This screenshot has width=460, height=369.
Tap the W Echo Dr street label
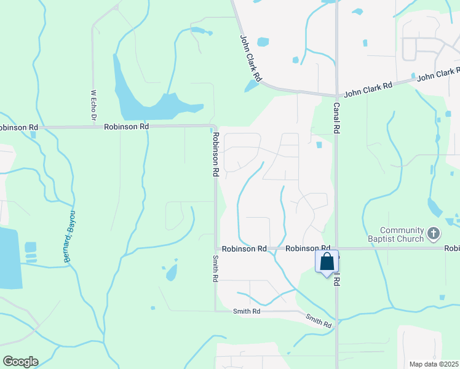[x=94, y=106]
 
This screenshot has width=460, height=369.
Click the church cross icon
[x=434, y=234]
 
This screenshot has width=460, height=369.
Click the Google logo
[x=20, y=362]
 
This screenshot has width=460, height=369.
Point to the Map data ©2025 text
[x=434, y=364]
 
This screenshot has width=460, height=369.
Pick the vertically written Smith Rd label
[x=215, y=269]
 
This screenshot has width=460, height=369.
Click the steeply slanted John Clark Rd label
[x=251, y=58]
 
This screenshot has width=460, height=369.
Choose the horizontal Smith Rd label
[x=247, y=312]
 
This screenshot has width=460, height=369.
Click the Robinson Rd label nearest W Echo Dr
[x=126, y=127]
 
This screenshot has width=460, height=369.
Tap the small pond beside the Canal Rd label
[x=319, y=145]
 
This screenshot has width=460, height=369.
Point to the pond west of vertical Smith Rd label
[x=172, y=271]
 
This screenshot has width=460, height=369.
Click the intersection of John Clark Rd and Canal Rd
[x=336, y=95]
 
